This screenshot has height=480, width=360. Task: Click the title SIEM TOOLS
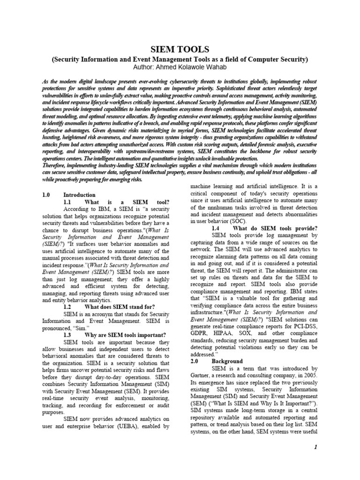click(x=180, y=49)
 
